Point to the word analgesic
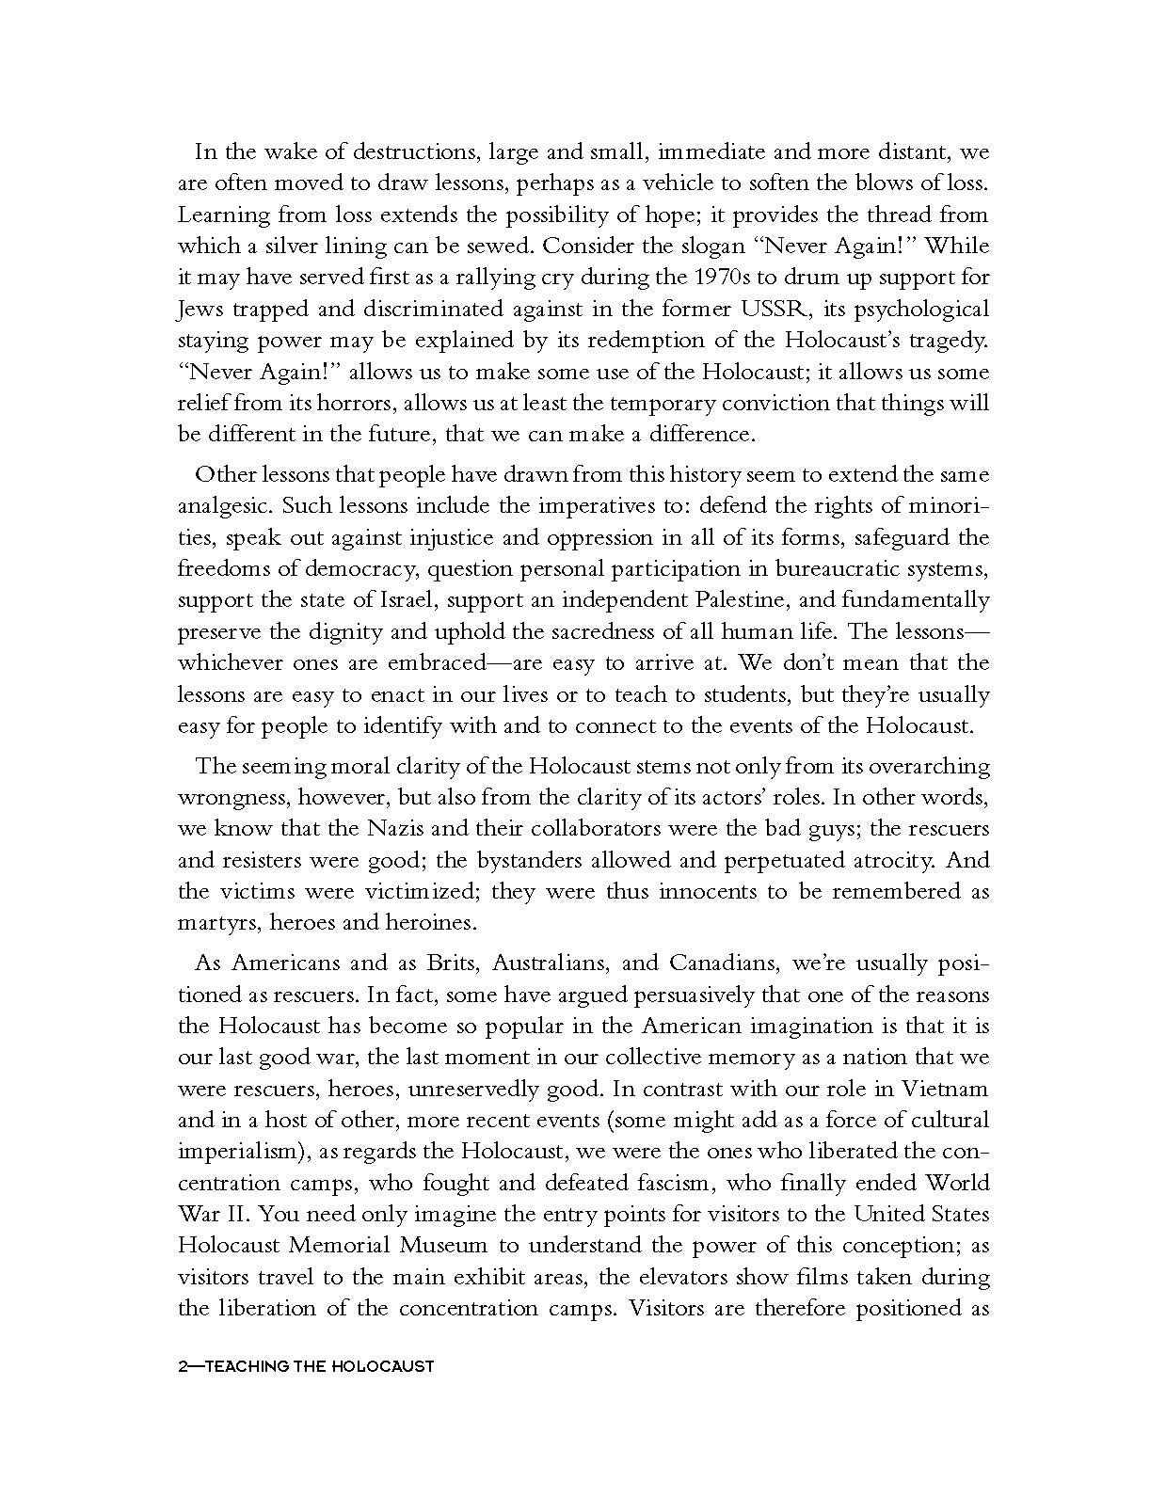point(226,506)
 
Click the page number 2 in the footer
point(183,1365)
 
